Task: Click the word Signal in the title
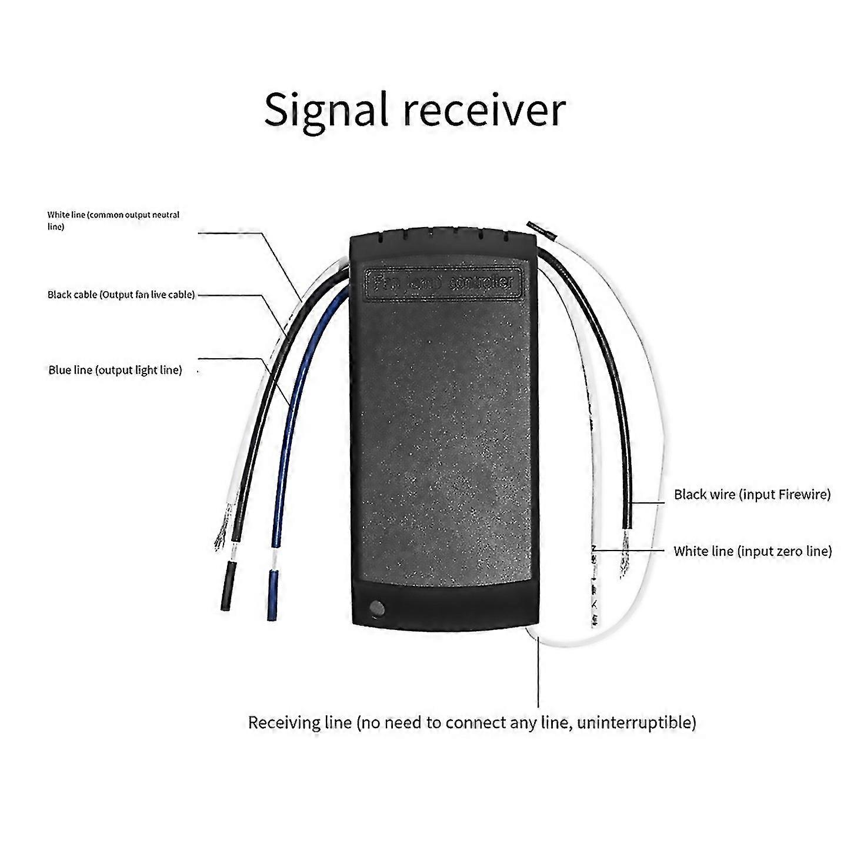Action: coord(326,110)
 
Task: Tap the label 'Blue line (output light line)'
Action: coord(115,370)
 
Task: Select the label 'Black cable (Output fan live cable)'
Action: coord(121,295)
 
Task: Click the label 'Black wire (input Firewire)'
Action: coord(752,494)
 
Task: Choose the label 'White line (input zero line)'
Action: coord(752,551)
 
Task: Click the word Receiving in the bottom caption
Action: coord(299,722)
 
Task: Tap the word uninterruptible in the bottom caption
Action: coord(636,722)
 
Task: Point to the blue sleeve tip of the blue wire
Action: coord(272,594)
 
